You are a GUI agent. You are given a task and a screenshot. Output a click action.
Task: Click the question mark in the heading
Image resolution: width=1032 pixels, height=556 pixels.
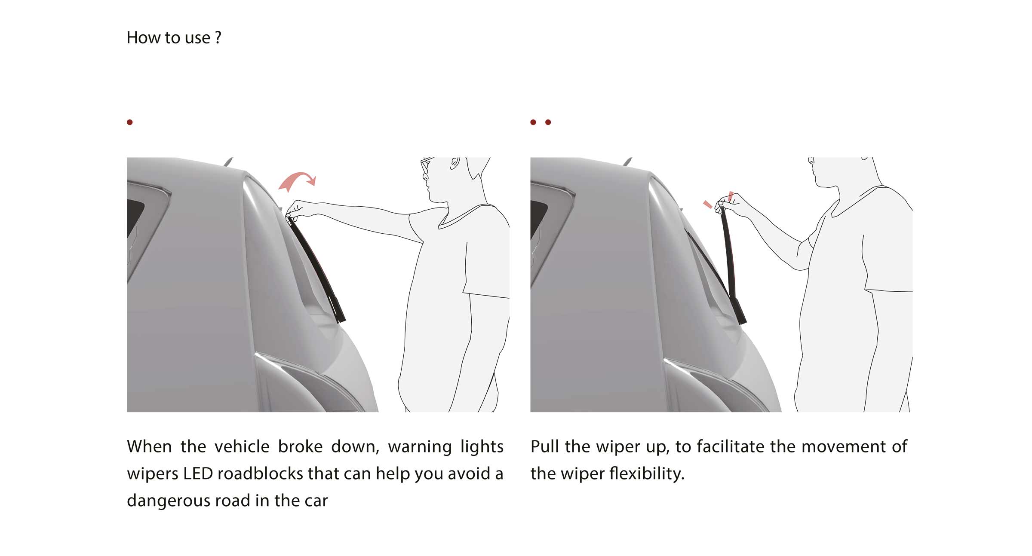(x=218, y=38)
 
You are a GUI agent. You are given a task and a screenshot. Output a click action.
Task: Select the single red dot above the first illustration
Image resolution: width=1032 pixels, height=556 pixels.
(x=130, y=122)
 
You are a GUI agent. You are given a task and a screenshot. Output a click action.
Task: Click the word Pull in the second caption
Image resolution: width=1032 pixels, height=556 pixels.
(x=544, y=446)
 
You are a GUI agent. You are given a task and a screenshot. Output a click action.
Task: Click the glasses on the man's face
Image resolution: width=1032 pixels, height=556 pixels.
(x=426, y=165)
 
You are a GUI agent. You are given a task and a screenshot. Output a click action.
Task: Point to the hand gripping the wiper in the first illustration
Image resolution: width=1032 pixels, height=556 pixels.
(x=296, y=210)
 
